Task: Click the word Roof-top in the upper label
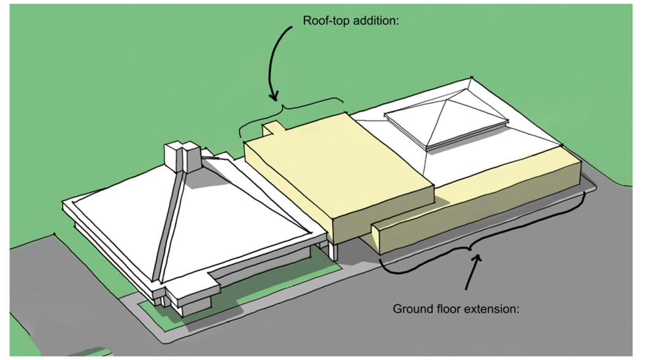point(325,21)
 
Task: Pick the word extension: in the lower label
point(494,308)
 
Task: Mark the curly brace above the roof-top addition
point(288,110)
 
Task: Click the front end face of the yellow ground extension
point(379,239)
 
